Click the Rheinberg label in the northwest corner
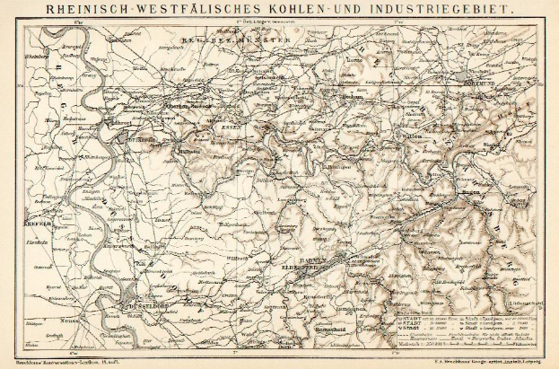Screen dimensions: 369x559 (x=36, y=54)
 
